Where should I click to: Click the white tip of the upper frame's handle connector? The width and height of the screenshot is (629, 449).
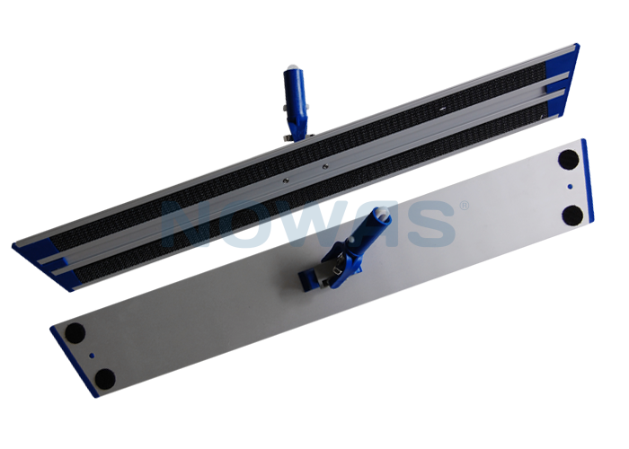tap(293, 67)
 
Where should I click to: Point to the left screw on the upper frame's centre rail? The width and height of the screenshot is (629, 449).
tap(284, 180)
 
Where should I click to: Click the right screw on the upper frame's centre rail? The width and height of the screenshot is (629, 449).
tap(325, 165)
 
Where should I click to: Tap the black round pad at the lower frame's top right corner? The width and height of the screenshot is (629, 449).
tap(568, 160)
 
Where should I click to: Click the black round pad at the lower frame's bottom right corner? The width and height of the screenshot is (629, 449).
tap(572, 216)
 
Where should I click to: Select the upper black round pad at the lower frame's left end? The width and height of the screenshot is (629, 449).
tap(75, 333)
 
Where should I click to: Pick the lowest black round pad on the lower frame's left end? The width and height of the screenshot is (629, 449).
tap(105, 379)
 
